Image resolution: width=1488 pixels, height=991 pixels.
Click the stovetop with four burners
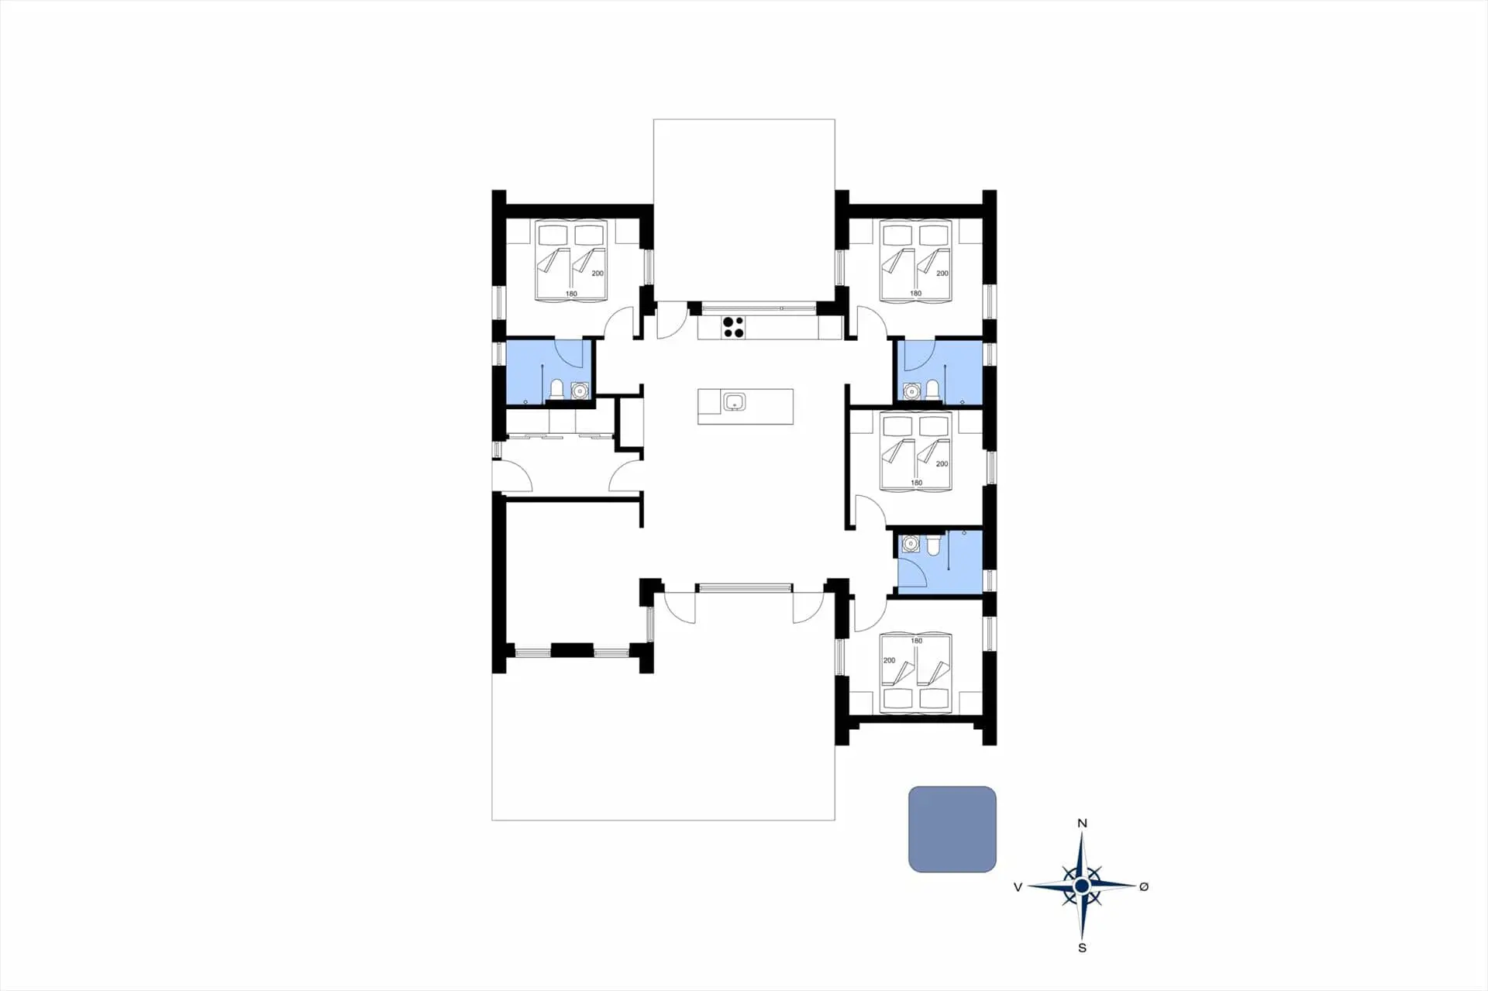(733, 327)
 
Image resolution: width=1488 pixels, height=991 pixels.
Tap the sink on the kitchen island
(734, 401)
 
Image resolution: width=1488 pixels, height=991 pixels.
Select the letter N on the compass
(1083, 824)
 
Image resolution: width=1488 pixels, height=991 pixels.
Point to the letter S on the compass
(1083, 948)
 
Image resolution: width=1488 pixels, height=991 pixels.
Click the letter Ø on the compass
(1144, 886)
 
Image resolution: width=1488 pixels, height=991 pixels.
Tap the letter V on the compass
(1018, 887)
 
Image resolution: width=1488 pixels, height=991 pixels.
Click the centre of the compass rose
(1082, 885)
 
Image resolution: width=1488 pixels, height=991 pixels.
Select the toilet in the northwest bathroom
(556, 389)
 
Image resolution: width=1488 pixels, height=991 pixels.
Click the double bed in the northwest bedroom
(571, 260)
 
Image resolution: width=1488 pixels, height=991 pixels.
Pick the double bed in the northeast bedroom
(916, 260)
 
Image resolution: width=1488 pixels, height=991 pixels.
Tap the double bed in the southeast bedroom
(916, 673)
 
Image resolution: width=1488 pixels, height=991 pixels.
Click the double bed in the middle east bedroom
(916, 451)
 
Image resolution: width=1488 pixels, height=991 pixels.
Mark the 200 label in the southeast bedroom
(889, 660)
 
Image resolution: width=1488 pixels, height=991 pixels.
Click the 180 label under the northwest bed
(571, 294)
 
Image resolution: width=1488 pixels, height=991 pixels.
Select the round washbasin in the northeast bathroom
(912, 391)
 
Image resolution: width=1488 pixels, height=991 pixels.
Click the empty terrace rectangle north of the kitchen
(744, 209)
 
